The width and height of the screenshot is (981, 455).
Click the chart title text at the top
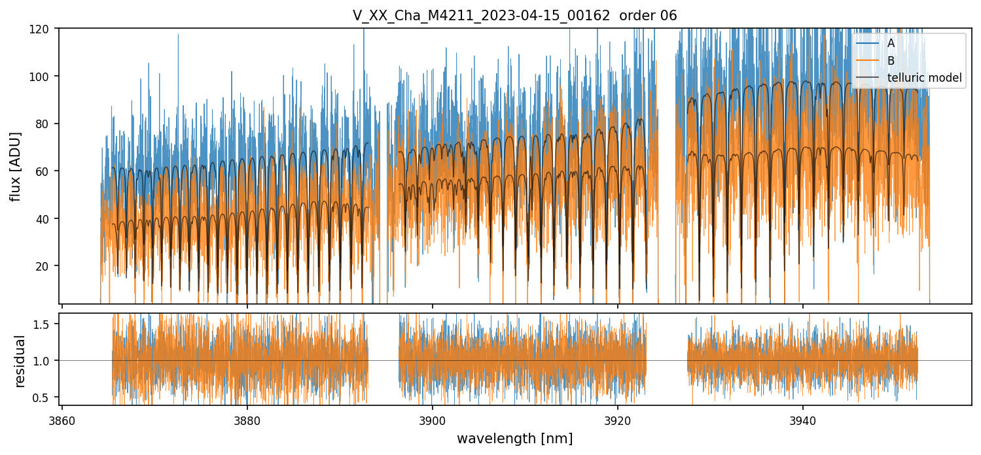click(514, 15)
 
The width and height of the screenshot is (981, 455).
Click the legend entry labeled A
click(891, 44)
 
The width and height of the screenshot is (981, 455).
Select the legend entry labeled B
click(891, 61)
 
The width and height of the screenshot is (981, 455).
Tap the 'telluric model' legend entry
click(924, 78)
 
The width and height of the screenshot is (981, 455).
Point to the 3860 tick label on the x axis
click(62, 420)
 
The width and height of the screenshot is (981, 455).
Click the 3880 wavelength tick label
click(247, 420)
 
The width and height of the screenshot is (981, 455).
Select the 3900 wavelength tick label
click(432, 420)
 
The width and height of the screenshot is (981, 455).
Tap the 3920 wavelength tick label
click(618, 420)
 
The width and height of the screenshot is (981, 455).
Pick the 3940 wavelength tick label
click(803, 420)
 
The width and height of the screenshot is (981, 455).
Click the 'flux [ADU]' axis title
click(16, 166)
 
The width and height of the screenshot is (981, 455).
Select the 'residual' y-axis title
click(20, 361)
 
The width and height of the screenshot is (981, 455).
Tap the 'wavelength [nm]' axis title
click(514, 439)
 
